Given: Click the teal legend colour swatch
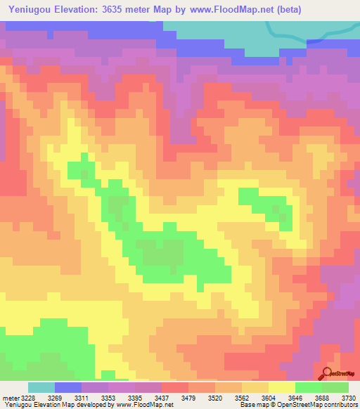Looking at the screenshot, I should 41,387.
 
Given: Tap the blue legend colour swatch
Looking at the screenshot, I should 68,387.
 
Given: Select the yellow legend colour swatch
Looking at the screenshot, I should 281,387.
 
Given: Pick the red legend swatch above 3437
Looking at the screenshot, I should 174,387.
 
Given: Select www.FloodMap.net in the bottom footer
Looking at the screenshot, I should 145,405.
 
